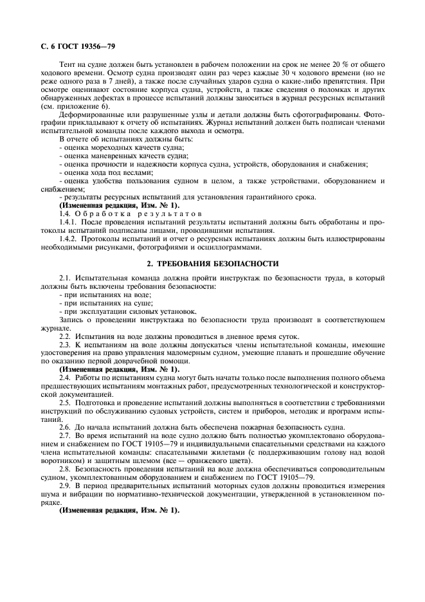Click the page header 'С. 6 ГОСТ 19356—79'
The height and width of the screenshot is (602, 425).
coord(74,46)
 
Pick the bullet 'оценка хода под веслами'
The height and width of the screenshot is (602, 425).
coord(106,172)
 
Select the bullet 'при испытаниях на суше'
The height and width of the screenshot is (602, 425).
coord(97,301)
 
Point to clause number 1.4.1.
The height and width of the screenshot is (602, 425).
coord(68,221)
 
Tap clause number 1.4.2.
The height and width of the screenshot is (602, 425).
coord(68,238)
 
